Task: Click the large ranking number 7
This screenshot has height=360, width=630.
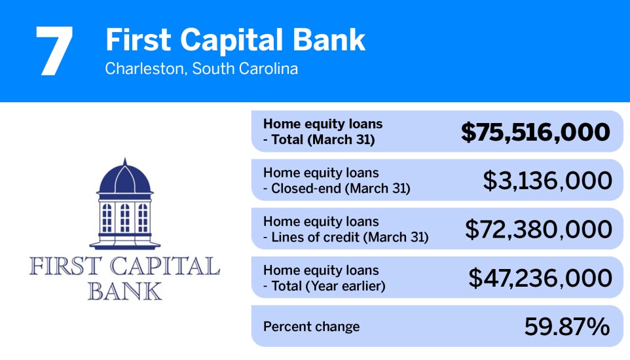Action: [54, 51]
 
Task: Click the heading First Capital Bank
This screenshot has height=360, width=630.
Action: [235, 41]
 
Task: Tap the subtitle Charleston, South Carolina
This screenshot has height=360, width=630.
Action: [201, 69]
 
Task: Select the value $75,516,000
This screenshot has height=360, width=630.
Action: [536, 132]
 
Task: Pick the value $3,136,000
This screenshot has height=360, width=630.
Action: [547, 181]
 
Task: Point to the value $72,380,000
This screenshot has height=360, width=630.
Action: [538, 229]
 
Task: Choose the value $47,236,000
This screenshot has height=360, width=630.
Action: [540, 278]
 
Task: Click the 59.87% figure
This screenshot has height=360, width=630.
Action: [567, 327]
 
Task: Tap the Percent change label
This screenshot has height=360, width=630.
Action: [311, 327]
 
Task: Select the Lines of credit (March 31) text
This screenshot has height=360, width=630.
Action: [349, 237]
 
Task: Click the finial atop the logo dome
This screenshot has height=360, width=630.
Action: [124, 160]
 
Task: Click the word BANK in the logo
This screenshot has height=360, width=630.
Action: [124, 291]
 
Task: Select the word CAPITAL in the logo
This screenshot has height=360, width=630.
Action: [162, 267]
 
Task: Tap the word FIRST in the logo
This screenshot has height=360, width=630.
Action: [63, 267]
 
